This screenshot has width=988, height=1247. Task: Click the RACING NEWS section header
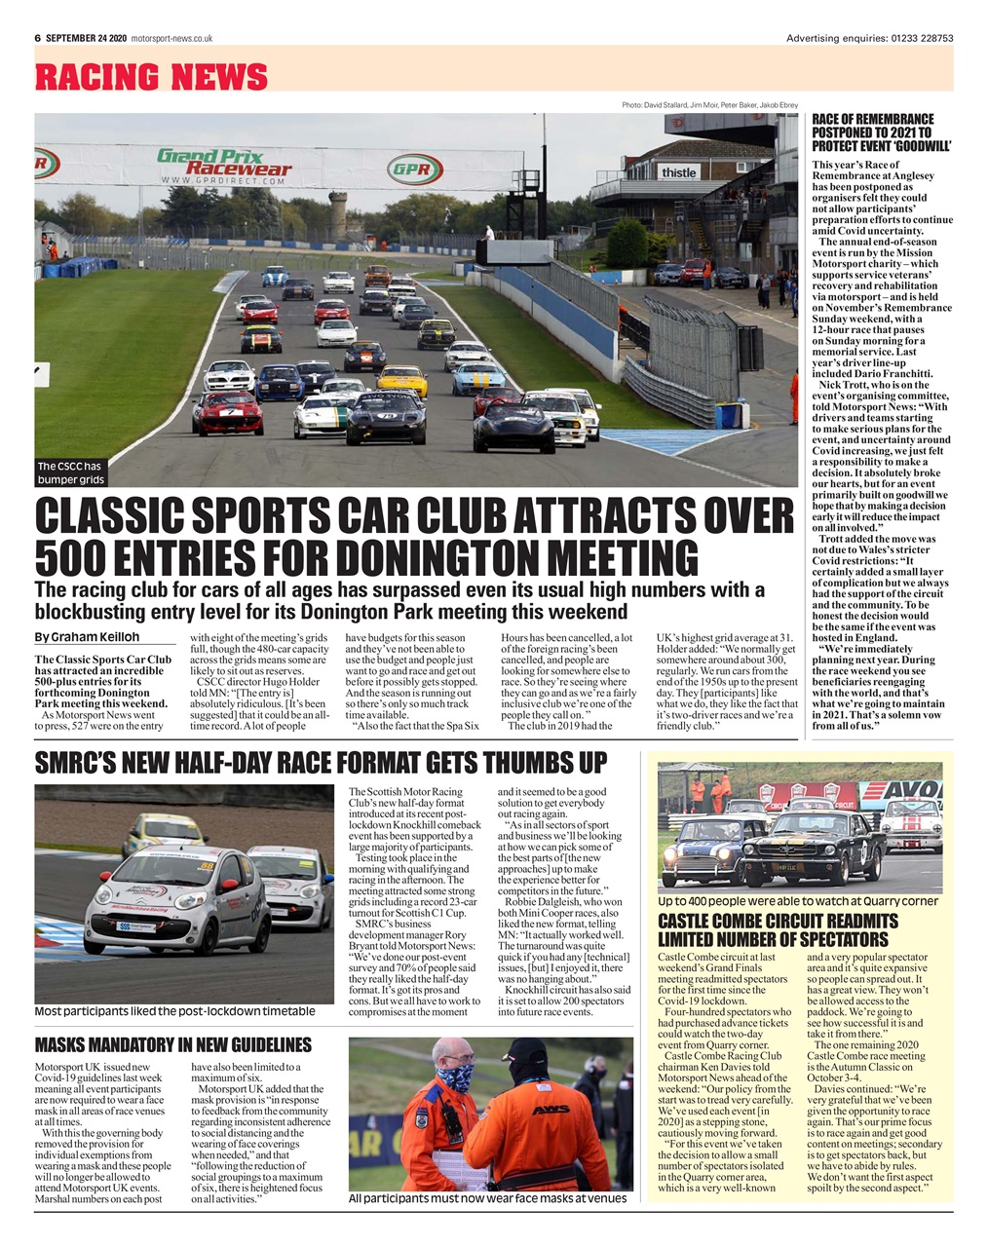click(x=151, y=76)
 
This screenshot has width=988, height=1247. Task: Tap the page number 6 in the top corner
click(x=37, y=38)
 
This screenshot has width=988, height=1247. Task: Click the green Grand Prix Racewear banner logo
click(x=224, y=163)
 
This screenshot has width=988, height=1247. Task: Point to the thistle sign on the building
click(x=678, y=172)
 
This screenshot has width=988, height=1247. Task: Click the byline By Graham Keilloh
click(x=87, y=637)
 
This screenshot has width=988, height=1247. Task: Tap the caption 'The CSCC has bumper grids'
click(x=71, y=472)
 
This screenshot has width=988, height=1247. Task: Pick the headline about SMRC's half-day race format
click(x=321, y=763)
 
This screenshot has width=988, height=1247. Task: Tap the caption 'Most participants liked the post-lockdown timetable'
click(x=174, y=1011)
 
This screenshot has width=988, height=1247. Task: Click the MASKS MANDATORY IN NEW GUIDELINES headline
click(x=172, y=1045)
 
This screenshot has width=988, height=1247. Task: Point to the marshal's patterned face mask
click(x=454, y=1077)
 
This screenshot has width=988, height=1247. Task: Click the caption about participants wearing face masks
click(x=487, y=1198)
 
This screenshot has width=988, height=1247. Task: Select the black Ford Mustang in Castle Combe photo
click(x=813, y=847)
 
